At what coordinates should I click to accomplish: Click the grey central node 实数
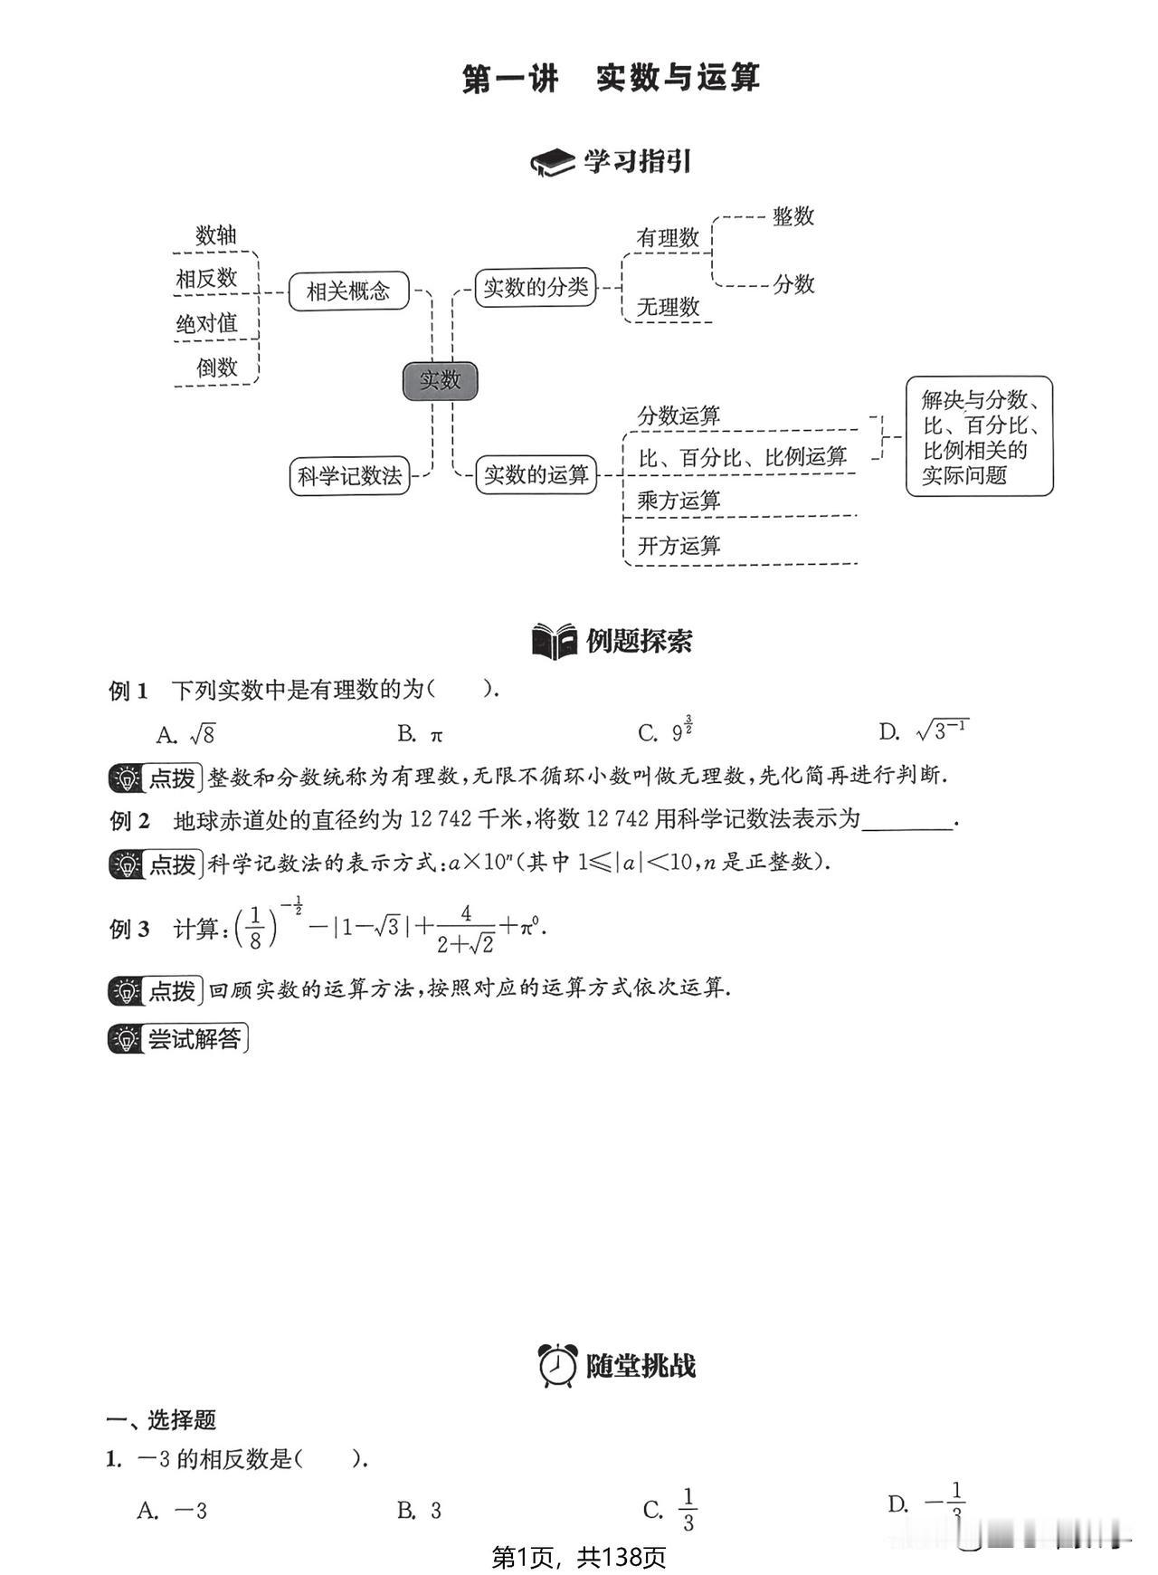(x=440, y=380)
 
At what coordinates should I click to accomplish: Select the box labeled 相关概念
(x=348, y=291)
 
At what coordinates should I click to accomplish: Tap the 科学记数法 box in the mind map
(x=349, y=475)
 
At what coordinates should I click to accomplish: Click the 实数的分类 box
(x=536, y=288)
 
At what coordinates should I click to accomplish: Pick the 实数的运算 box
(x=536, y=474)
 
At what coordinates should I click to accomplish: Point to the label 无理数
(x=669, y=307)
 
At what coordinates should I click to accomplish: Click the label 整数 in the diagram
(x=793, y=216)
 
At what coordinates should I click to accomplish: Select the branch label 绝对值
(x=206, y=323)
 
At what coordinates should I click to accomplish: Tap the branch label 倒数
(x=217, y=367)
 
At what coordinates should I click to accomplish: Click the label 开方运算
(x=679, y=546)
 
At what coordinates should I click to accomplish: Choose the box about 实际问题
(x=980, y=436)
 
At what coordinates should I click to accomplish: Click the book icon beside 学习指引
(x=553, y=162)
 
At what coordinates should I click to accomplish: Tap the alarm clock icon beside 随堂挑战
(x=557, y=1365)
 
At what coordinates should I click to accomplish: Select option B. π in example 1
(x=421, y=734)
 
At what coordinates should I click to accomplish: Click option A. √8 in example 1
(x=185, y=733)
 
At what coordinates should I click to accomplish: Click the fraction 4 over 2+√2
(x=466, y=929)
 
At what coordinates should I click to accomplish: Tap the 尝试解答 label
(x=178, y=1038)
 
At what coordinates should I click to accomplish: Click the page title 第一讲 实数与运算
(x=611, y=78)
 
